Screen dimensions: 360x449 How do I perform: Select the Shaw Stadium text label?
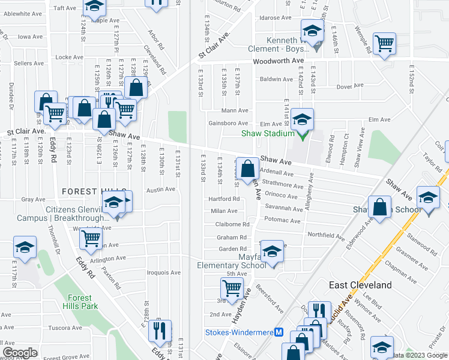270,134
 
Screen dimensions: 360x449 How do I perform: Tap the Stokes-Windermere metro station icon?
279,332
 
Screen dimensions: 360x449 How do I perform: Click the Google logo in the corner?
20,353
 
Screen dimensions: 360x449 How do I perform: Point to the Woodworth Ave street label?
279,61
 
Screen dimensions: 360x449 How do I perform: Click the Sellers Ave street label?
27,62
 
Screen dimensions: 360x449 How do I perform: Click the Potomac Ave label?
286,221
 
